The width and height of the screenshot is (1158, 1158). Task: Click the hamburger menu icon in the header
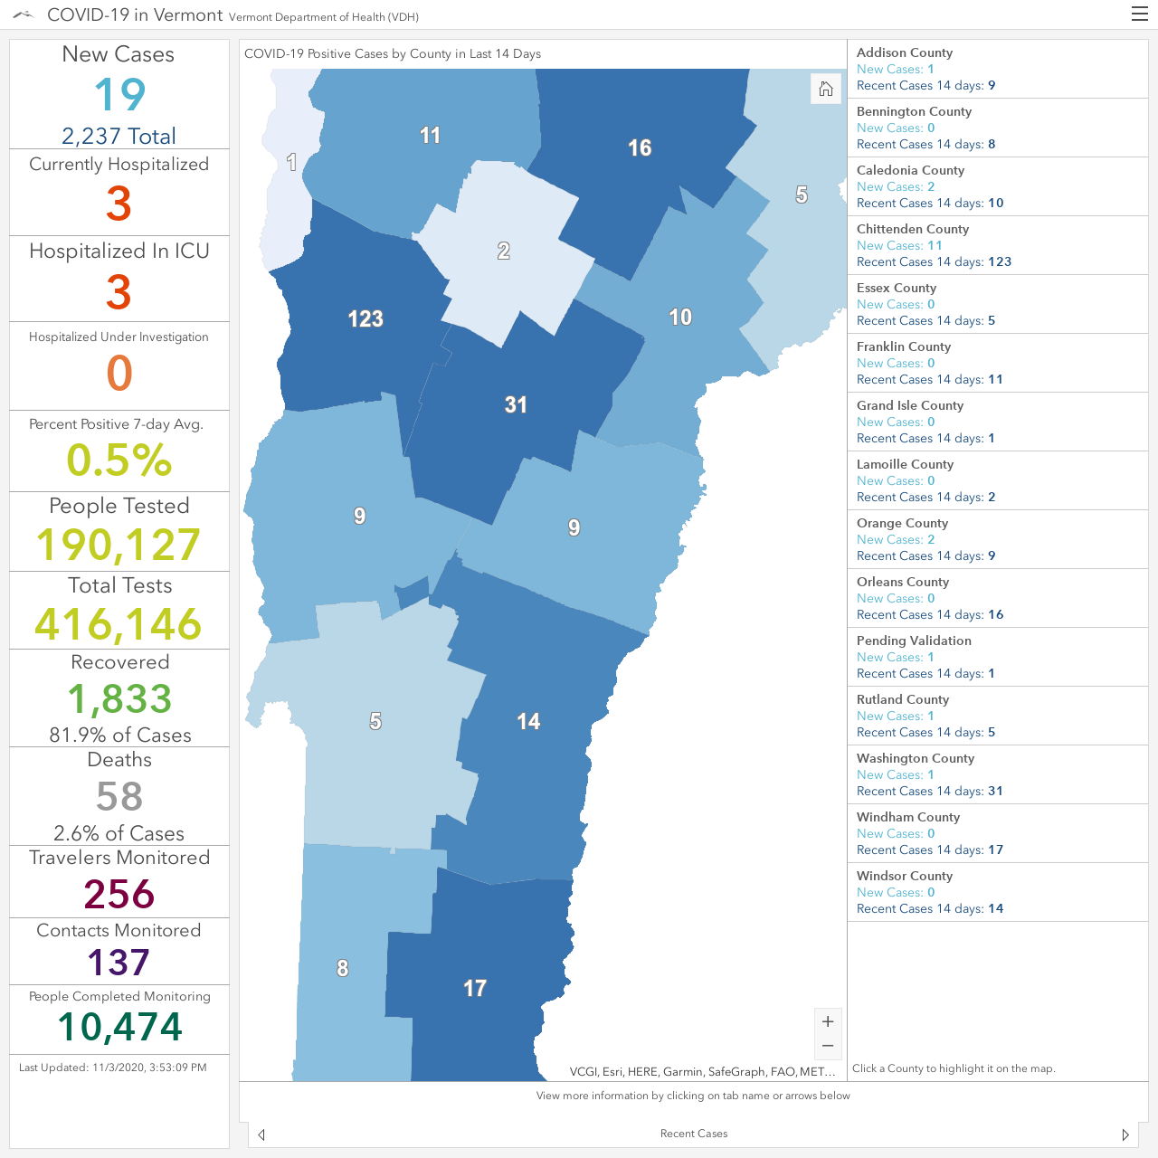coord(1139,14)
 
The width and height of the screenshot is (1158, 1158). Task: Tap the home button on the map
coord(826,89)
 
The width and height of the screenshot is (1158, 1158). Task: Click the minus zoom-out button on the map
coord(828,1046)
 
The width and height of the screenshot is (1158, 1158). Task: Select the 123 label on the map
coord(365,318)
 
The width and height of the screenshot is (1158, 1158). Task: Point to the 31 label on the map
coord(516,404)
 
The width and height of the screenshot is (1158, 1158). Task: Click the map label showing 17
coord(475,988)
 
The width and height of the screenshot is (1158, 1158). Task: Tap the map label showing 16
coord(640,147)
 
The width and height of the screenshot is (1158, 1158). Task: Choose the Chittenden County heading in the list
coord(912,229)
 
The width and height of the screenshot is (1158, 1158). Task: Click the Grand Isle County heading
coord(910,405)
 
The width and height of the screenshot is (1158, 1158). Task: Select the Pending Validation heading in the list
coord(914,641)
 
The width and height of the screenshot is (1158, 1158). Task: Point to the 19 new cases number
coord(119,94)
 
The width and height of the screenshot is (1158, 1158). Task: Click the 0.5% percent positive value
coord(119,460)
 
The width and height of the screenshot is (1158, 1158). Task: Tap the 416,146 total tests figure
coord(119,623)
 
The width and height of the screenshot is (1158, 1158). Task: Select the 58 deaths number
coord(119,796)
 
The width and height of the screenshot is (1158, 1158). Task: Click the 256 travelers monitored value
coord(119,894)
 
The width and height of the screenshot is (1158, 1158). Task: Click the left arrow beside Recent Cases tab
coord(261,1134)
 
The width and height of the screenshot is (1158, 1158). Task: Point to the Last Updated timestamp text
coord(113,1068)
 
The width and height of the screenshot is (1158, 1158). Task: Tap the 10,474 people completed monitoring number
coord(119,1027)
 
